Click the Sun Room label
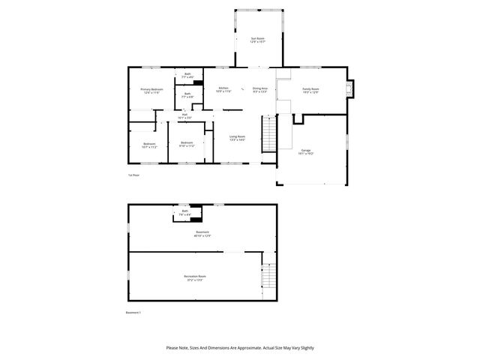coord(257,39)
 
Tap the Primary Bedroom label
coord(151,91)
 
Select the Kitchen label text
coord(223,89)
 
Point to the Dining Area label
coord(260,89)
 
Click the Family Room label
coord(310,90)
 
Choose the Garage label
coord(305,151)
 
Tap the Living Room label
coord(237,138)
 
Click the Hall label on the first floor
coord(184,116)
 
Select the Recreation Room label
coord(195,277)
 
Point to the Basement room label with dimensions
coord(202,234)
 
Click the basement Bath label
coord(184,212)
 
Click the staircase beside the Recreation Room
coord(268,279)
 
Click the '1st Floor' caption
coord(133,175)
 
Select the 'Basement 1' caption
coord(133,313)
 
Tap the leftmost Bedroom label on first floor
coord(149,145)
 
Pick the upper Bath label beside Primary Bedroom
coord(187,76)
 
